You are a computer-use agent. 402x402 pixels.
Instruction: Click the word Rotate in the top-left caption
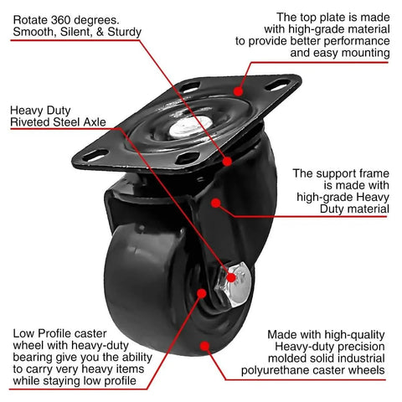pos(32,17)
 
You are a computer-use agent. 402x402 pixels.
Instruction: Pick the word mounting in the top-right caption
pos(364,53)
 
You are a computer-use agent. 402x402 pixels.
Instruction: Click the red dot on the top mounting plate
pos(238,90)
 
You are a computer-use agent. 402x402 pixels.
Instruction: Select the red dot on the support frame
pos(216,201)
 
